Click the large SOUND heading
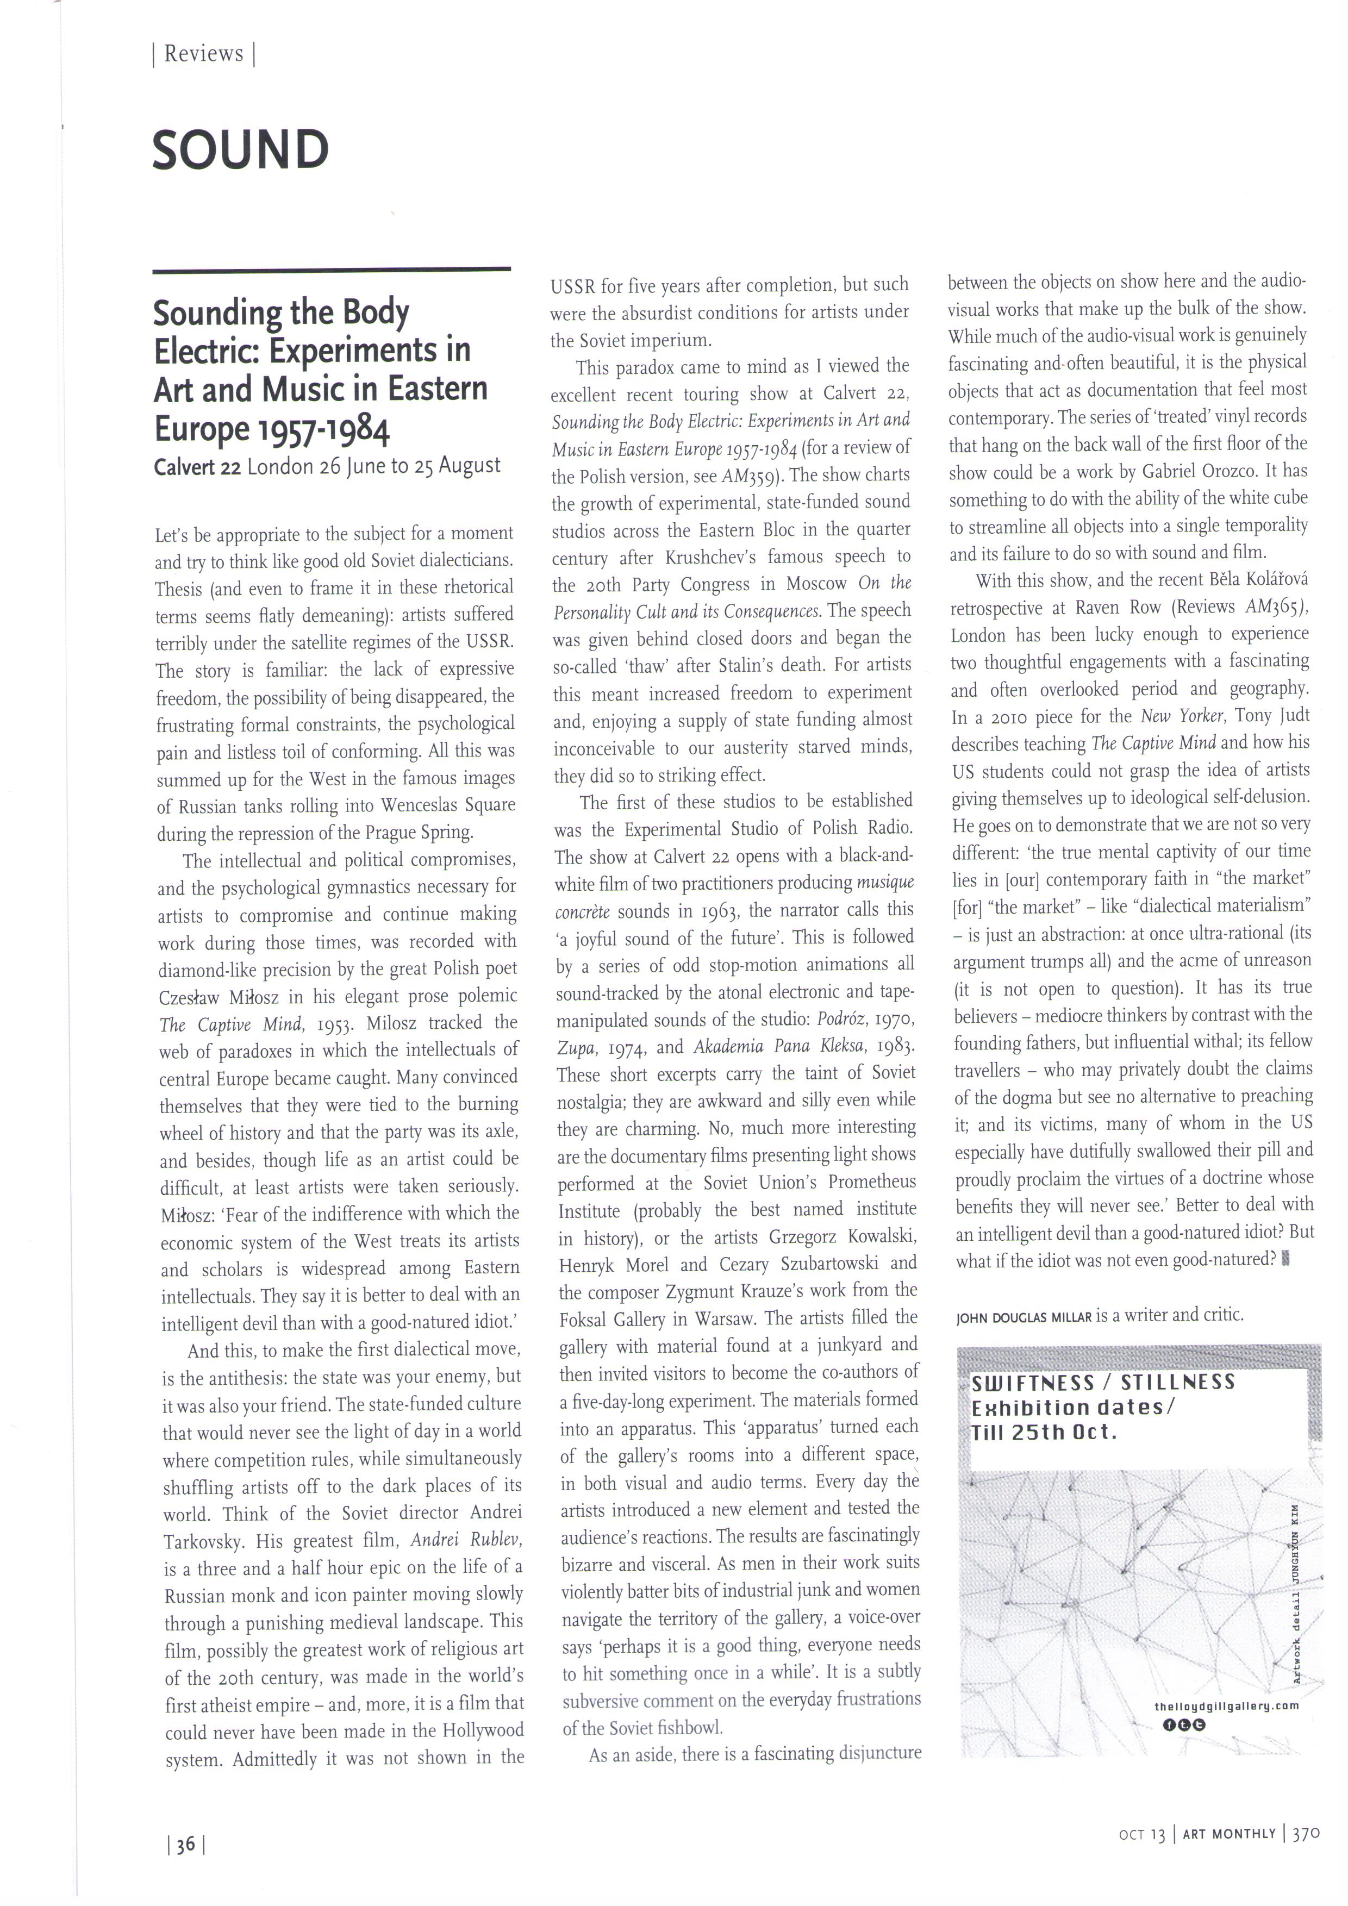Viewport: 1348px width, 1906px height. point(241,150)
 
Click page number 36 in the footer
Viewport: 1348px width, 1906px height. point(186,1845)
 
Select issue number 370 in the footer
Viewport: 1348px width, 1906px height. point(1306,1833)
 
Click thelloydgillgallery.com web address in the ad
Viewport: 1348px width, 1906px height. point(1226,1706)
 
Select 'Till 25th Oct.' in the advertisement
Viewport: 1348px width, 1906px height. point(1044,1432)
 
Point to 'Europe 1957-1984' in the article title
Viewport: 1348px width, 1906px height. point(271,428)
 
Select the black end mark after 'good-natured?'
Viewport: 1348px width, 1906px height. point(1285,1259)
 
